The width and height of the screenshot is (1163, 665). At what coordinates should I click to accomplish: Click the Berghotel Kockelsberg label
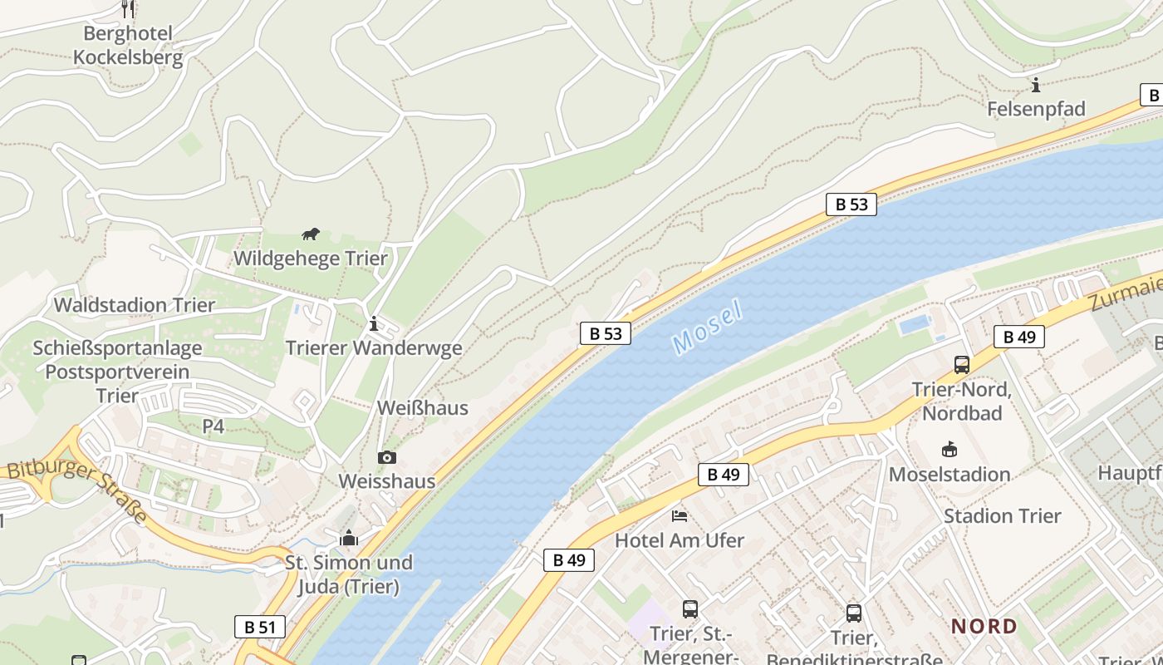tap(128, 45)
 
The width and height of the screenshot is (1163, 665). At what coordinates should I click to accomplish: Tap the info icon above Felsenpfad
tap(1036, 85)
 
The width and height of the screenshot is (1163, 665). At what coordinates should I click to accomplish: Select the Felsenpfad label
tap(1036, 109)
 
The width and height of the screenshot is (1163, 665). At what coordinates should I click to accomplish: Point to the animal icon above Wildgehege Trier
tap(311, 234)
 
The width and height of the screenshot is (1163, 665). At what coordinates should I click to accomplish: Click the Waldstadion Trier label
tap(135, 305)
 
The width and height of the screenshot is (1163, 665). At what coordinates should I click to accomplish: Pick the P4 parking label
tap(213, 426)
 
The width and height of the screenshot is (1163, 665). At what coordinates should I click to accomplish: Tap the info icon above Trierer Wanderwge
tap(374, 323)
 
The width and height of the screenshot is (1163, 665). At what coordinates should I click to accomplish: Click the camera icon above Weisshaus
tap(386, 457)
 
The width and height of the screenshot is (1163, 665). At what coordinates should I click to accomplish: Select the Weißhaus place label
tap(423, 408)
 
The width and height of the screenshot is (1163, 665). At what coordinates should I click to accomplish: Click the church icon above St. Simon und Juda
tap(349, 538)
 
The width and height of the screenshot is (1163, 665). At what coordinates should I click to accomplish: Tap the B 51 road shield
tap(259, 627)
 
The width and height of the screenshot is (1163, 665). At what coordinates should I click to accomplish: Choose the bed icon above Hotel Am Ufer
tap(680, 515)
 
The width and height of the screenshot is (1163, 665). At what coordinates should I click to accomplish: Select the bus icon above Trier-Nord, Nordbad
tap(961, 364)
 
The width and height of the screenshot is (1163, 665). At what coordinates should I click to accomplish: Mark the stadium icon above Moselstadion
tap(949, 450)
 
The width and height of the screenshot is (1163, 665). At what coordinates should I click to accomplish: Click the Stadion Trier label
tap(1002, 516)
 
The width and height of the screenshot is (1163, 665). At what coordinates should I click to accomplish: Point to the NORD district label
tap(984, 626)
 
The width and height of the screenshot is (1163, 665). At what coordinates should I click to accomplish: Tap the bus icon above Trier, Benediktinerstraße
tap(853, 613)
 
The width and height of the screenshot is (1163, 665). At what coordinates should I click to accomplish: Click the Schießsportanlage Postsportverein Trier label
tap(117, 372)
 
